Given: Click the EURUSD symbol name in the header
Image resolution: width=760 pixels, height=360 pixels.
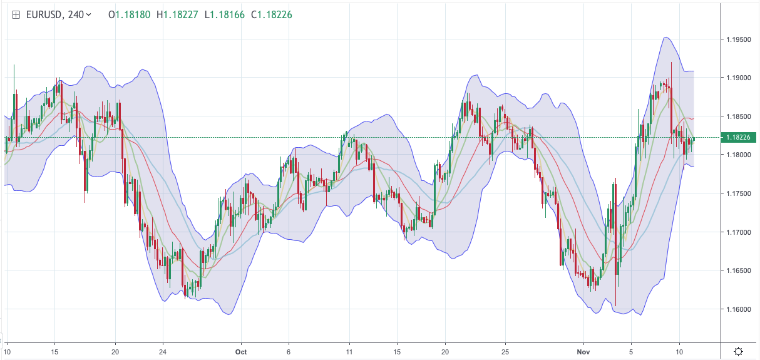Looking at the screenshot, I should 44,14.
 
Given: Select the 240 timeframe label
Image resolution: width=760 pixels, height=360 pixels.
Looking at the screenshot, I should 75,14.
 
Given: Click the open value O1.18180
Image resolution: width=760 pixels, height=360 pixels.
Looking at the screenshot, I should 129,14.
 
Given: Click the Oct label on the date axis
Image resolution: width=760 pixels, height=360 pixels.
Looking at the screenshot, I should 241,351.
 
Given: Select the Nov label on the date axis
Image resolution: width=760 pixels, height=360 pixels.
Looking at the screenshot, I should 583,351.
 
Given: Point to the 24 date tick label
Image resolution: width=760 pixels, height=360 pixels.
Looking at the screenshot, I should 162,351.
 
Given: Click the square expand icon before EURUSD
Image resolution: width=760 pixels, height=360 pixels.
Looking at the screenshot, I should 16,14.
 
